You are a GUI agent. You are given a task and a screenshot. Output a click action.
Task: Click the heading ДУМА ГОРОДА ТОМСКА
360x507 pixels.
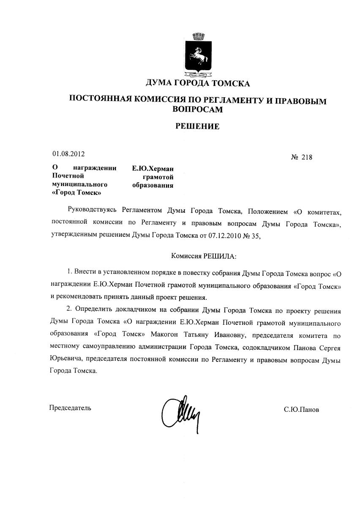click(x=197, y=83)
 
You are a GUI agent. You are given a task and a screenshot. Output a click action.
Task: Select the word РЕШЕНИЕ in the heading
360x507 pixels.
click(x=197, y=126)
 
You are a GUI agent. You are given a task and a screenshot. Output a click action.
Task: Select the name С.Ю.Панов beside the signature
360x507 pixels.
click(x=302, y=410)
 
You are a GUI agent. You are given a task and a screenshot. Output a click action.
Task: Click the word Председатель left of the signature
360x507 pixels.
click(x=70, y=408)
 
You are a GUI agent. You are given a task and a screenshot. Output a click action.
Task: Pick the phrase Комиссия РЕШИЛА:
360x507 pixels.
click(x=204, y=256)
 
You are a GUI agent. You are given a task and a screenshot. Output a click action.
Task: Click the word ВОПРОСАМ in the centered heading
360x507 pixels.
click(x=197, y=109)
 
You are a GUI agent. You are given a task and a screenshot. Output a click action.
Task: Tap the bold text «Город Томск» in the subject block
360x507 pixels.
click(x=76, y=192)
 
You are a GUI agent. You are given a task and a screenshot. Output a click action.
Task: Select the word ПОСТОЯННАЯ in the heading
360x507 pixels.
click(x=98, y=100)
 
